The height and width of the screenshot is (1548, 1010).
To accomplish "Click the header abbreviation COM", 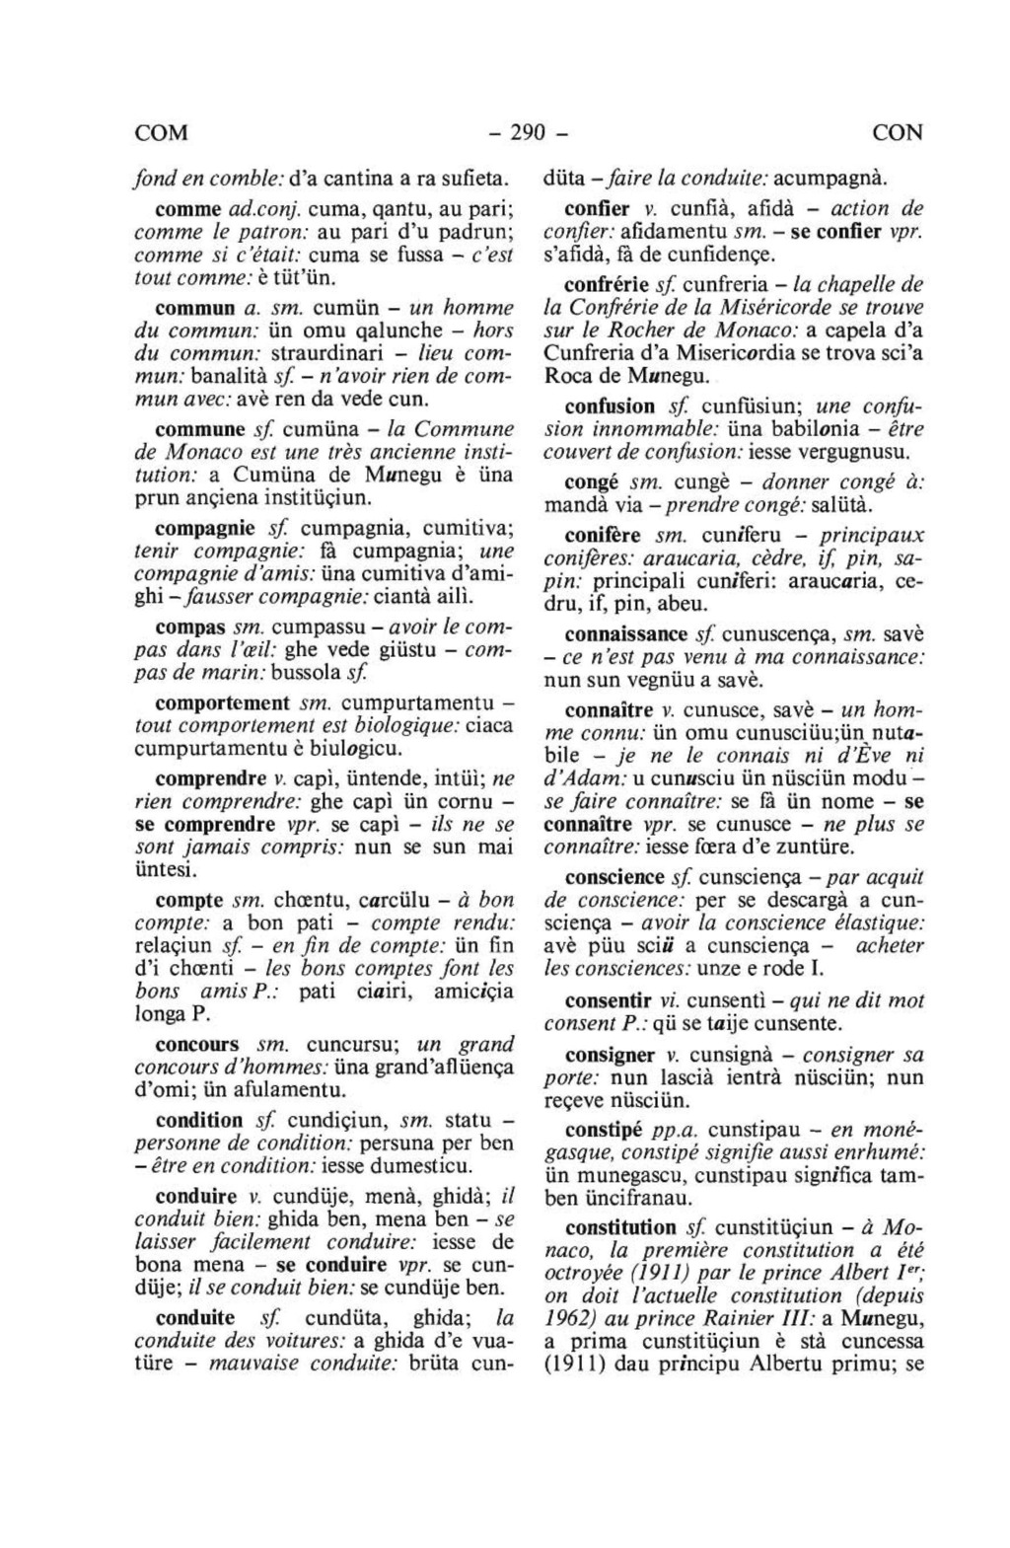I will point(161,132).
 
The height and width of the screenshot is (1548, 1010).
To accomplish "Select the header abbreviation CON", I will point(898,132).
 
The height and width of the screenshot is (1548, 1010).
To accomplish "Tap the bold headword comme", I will point(187,209).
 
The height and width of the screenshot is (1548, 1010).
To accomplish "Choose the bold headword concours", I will point(197,1044).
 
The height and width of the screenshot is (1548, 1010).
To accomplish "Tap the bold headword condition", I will point(199,1120).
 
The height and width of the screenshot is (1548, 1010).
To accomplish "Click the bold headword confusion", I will point(610,406).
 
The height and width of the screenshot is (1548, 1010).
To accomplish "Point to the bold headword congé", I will point(591,483).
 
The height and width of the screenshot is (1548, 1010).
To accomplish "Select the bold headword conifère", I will point(603,535).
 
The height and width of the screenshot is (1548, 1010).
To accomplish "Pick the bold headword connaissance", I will point(625,633).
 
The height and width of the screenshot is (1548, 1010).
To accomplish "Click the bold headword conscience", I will point(614,877).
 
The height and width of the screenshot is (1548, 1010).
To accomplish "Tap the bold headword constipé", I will point(605,1129).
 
